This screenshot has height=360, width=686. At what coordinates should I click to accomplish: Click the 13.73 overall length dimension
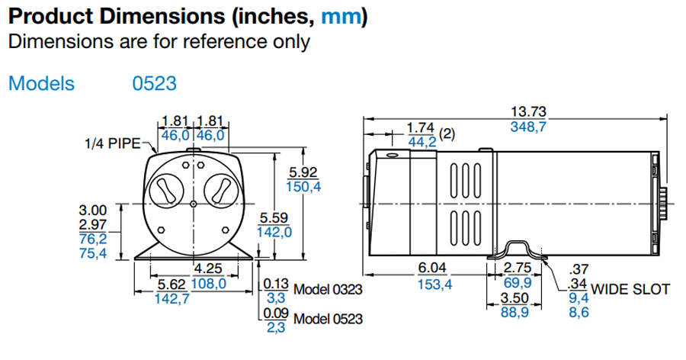(529, 111)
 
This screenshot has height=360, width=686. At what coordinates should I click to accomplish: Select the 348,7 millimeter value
(529, 127)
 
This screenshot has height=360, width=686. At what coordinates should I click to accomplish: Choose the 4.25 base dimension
(208, 268)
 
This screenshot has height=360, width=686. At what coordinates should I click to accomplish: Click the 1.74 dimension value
(420, 127)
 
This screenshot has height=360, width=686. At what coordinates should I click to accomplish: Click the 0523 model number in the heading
(155, 83)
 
